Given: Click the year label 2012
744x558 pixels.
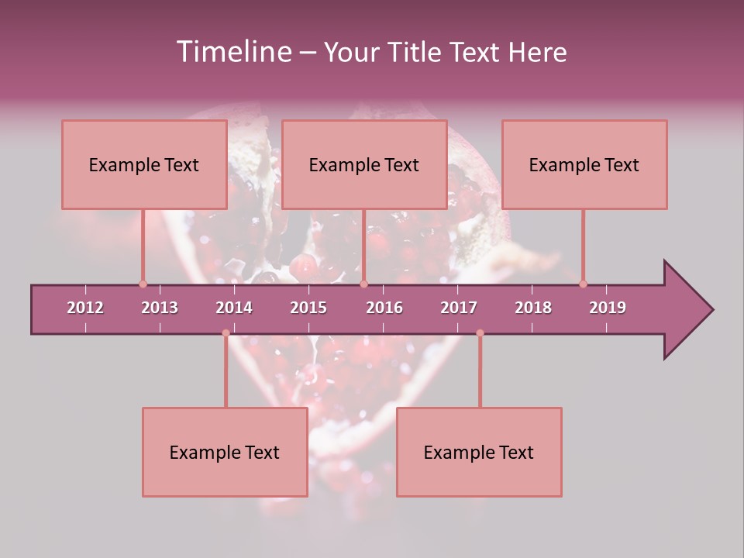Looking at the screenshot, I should [x=85, y=308].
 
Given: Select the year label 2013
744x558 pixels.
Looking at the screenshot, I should [x=160, y=308].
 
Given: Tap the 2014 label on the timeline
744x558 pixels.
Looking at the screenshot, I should [x=234, y=308].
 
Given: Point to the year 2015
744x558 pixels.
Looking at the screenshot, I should [x=308, y=308].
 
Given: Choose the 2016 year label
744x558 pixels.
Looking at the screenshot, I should [x=384, y=308].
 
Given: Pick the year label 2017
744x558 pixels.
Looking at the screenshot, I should [x=459, y=308].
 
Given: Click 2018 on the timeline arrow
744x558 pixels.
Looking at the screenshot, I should [x=533, y=308].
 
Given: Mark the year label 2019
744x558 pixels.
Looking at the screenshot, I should [x=608, y=308].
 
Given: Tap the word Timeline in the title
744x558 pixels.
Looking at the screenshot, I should [x=232, y=52].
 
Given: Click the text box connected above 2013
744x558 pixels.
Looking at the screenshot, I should [x=144, y=164].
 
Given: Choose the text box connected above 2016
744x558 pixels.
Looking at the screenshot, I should [x=364, y=164].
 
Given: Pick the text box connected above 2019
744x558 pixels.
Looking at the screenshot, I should [x=584, y=164].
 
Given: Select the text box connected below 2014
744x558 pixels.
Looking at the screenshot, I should [x=225, y=452].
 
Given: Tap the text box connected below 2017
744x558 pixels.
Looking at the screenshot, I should [x=479, y=452].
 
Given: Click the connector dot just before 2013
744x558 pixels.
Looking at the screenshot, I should [x=143, y=284].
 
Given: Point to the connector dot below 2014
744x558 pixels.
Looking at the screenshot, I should [x=226, y=333].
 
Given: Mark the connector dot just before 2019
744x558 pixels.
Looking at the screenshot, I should [x=583, y=284].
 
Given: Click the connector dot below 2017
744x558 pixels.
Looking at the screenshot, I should [x=480, y=333].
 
